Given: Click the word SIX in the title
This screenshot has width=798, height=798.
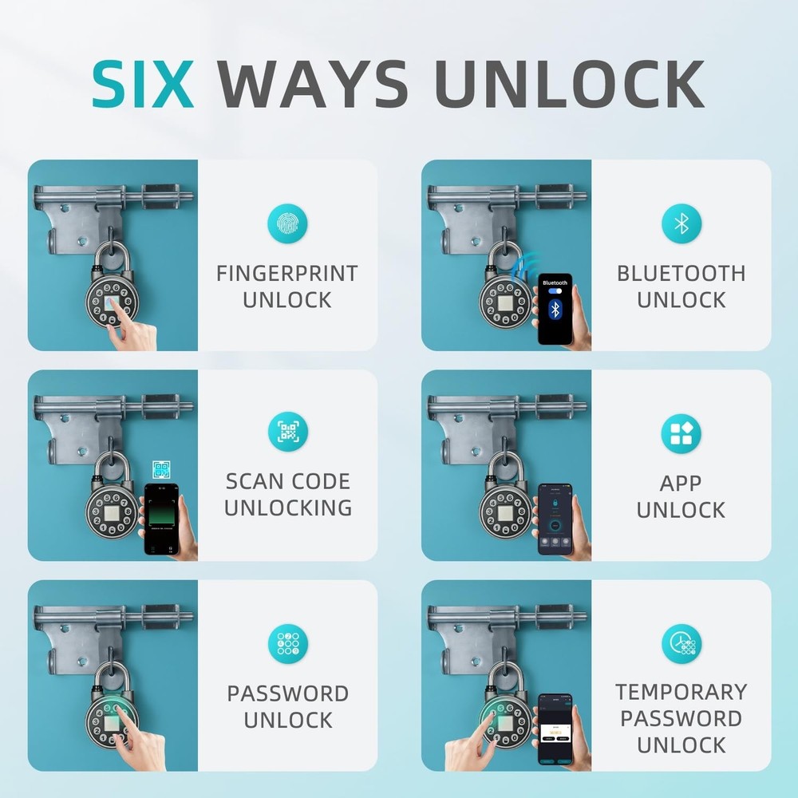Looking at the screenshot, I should click(x=144, y=84).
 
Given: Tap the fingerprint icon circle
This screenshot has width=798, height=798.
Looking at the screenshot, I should click(x=287, y=224).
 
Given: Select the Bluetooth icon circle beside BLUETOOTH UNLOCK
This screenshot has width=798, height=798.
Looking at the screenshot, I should click(x=681, y=223).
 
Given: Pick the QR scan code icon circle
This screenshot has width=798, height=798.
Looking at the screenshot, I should click(x=287, y=433).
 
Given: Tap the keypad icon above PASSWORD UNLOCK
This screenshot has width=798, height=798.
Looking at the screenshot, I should click(x=287, y=643).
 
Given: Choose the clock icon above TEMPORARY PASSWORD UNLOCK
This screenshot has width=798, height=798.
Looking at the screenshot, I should click(x=681, y=643).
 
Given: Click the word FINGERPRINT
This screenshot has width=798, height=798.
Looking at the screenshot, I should click(x=287, y=274).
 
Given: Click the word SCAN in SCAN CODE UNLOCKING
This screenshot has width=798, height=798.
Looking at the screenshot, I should click(x=255, y=482).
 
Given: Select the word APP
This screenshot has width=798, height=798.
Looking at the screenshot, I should click(x=681, y=484).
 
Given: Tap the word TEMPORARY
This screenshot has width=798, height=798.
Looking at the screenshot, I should click(x=681, y=692).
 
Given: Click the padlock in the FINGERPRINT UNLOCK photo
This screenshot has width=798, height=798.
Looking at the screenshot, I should click(x=112, y=299).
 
